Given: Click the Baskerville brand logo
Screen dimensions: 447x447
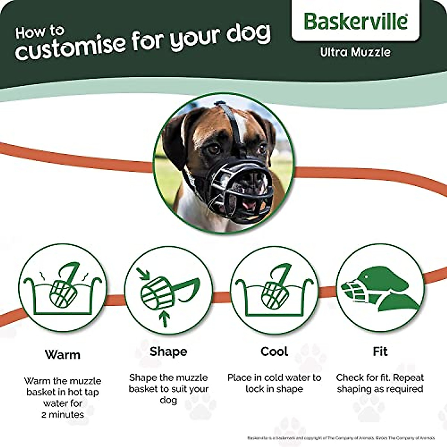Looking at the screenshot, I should (355, 21).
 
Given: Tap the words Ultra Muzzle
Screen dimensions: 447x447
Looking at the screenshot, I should (355, 52).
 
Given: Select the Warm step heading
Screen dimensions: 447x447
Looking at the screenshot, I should (63, 354).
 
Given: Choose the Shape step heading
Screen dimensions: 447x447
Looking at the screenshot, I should (168, 351).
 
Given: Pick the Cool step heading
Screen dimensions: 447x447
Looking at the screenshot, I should (274, 351).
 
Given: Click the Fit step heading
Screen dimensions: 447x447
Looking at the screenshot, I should (380, 351).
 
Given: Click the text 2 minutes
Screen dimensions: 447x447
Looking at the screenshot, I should (63, 415).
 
